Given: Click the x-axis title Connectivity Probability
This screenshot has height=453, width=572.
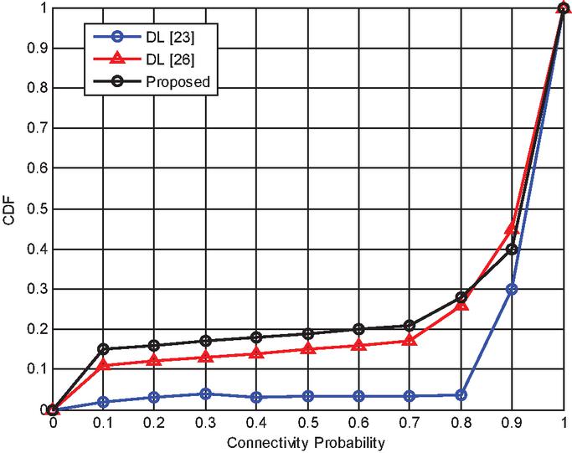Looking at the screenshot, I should (x=308, y=440).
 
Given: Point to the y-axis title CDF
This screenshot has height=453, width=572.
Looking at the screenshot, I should (x=9, y=208).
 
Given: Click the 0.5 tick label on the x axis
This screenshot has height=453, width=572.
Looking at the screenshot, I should (x=308, y=423).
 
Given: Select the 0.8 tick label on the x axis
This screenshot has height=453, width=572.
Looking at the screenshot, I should (x=461, y=423).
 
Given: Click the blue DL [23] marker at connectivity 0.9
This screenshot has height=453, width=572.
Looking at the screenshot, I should (x=513, y=289).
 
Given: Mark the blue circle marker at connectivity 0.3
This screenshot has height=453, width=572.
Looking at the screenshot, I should (x=205, y=394).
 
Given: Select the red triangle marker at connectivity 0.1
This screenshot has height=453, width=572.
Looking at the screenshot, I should (x=103, y=366).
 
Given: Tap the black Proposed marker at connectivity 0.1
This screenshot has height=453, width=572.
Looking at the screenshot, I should (x=103, y=349).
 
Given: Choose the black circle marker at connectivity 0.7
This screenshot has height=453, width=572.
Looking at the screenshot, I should (x=410, y=325).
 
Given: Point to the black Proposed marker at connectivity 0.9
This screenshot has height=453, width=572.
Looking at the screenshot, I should (x=513, y=249).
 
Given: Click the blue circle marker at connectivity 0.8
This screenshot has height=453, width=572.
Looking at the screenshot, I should (x=461, y=394).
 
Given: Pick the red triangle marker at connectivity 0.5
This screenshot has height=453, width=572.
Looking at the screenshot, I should (x=308, y=349).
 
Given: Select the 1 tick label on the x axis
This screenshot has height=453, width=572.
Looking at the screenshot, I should (x=564, y=423).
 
